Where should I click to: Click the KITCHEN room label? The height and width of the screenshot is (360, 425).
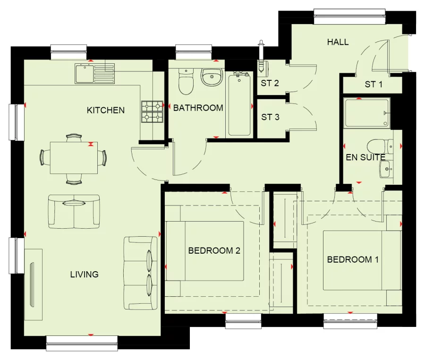(106, 110)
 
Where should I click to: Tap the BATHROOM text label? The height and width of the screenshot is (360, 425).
(198, 108)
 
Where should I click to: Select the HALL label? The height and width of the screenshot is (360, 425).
(338, 42)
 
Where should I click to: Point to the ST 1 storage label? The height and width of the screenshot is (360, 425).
(373, 85)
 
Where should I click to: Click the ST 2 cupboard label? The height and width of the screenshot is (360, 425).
(270, 84)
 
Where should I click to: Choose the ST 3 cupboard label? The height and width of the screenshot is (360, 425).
(270, 117)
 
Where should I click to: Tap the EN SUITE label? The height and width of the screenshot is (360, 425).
(365, 157)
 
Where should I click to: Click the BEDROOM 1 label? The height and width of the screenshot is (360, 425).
(353, 259)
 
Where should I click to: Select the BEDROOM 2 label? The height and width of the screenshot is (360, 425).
(214, 250)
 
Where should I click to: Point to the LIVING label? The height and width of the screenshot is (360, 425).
(84, 274)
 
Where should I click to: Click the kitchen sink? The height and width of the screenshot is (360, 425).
(84, 74)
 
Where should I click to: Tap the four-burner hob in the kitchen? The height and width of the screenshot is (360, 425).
(152, 112)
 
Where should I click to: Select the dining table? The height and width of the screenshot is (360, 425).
(73, 157)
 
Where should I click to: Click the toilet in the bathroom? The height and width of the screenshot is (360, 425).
(186, 82)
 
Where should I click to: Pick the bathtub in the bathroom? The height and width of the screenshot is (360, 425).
(239, 104)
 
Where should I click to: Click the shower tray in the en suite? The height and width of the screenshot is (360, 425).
(367, 113)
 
